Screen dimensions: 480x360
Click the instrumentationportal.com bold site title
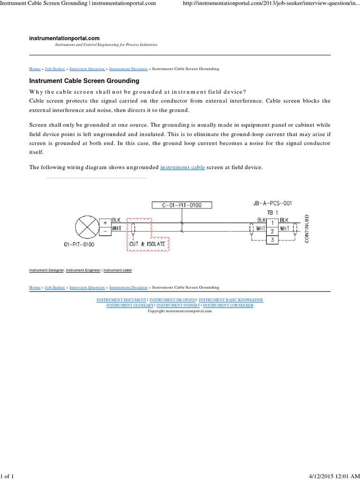(64, 38)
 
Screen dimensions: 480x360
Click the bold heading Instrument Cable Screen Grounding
(84, 81)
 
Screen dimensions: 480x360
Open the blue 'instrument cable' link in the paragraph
(182, 167)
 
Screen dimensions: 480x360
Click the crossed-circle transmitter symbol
(87, 227)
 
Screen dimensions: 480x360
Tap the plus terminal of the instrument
(105, 223)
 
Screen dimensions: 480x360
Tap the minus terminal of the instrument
(105, 232)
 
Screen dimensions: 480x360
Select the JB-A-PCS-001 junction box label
(272, 203)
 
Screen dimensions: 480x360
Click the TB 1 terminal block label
(272, 212)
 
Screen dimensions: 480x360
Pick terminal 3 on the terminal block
(272, 240)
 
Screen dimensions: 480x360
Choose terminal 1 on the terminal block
(272, 223)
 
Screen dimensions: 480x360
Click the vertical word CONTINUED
(307, 229)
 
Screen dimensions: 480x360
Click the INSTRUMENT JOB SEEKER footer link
(228, 305)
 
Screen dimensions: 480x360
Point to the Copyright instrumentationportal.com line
(180, 311)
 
